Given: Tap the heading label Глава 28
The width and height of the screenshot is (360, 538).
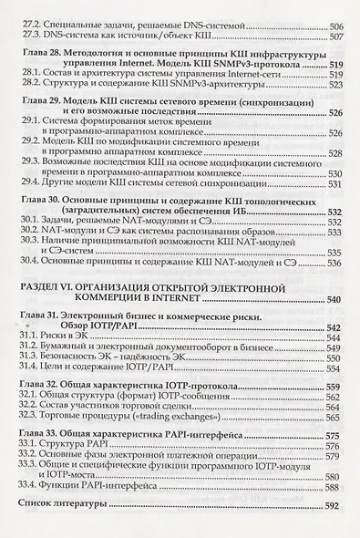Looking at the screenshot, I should click(x=44, y=57).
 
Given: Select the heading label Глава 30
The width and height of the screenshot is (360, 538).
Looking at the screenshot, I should click(x=44, y=224).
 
